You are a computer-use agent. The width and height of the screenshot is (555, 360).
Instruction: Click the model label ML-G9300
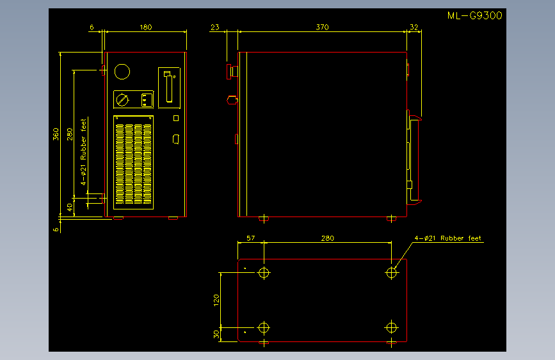pyautogui.click(x=474, y=15)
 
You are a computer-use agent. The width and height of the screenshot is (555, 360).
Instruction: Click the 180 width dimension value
pyautogui.click(x=146, y=28)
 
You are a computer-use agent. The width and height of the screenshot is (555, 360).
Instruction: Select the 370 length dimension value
pyautogui.click(x=323, y=28)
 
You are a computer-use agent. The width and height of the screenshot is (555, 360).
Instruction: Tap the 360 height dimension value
pyautogui.click(x=56, y=134)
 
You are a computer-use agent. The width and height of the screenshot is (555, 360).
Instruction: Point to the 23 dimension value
pyautogui.click(x=215, y=28)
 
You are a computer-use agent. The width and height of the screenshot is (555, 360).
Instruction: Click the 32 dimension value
pyautogui.click(x=414, y=28)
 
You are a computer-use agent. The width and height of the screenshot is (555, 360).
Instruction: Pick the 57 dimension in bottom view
pyautogui.click(x=250, y=238)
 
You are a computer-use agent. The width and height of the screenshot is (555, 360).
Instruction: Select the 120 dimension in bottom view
pyautogui.click(x=216, y=300)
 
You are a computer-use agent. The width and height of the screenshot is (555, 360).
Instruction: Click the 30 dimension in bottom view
pyautogui.click(x=216, y=334)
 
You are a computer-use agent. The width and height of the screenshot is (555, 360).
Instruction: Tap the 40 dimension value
pyautogui.click(x=70, y=208)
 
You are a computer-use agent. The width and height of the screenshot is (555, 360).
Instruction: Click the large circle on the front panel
pyautogui.click(x=122, y=72)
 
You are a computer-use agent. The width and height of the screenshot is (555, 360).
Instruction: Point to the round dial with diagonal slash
pyautogui.click(x=122, y=100)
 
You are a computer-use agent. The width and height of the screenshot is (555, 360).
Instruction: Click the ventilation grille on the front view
pyautogui.click(x=133, y=162)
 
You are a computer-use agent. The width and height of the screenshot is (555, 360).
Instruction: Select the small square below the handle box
pyautogui.click(x=176, y=118)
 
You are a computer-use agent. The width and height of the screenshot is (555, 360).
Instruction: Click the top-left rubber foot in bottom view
pyautogui.click(x=264, y=273)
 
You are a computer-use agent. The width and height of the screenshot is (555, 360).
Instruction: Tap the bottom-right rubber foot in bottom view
pyautogui.click(x=391, y=328)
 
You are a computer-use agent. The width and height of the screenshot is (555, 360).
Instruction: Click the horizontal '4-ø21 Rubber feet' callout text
pyautogui.click(x=448, y=238)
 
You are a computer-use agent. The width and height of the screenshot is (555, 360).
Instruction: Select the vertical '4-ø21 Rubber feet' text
pyautogui.click(x=83, y=152)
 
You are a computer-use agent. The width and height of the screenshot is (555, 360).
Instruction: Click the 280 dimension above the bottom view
pyautogui.click(x=328, y=238)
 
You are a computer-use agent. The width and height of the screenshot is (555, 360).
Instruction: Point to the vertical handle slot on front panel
pyautogui.click(x=169, y=87)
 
